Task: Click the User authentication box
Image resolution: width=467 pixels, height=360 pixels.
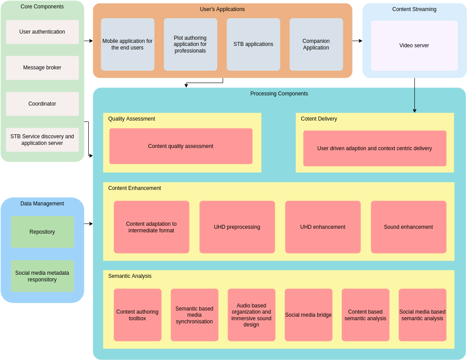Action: pos(42,32)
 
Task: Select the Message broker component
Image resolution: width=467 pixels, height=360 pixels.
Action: pos(42,68)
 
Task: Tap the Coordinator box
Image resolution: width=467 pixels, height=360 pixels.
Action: pos(42,104)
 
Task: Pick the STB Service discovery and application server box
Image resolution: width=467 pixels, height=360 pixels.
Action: pos(42,140)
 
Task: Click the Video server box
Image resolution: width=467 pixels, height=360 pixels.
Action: pos(414,45)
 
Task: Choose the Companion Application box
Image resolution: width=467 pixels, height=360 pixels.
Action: pos(316,44)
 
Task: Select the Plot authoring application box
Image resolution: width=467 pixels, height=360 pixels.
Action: pos(190,44)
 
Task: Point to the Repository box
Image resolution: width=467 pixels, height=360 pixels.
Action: pos(42,232)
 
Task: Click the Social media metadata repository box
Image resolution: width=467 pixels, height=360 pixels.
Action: pos(42,276)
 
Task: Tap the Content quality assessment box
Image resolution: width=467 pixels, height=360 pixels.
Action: pos(181,146)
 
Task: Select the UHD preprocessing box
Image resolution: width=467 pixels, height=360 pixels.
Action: pos(237,227)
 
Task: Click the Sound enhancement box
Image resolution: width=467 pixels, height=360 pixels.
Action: pos(408,227)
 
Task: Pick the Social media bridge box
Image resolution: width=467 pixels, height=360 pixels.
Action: pos(308,315)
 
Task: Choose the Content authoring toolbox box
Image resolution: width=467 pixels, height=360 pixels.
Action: pos(137,315)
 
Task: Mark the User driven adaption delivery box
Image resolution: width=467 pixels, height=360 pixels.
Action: pos(375,148)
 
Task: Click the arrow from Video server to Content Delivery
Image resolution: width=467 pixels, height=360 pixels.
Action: pos(414,95)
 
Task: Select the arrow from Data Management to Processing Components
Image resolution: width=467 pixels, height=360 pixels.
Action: pos(88,224)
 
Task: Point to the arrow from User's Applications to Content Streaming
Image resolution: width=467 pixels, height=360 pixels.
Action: pos(357,41)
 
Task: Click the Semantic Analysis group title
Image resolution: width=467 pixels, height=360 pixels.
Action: pos(130,276)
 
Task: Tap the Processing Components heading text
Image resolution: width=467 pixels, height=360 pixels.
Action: pos(279,94)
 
